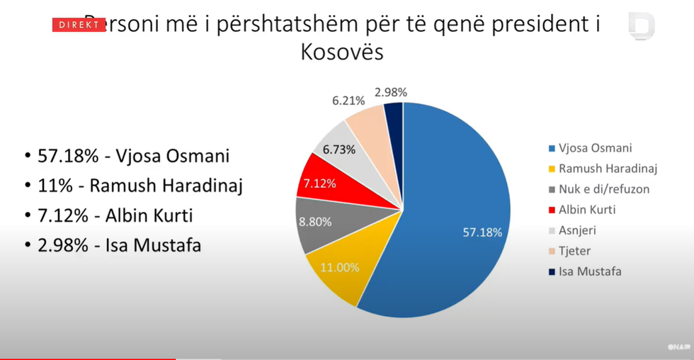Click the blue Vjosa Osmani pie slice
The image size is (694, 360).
pos(453,206)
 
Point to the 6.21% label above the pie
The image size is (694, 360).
pos(348,101)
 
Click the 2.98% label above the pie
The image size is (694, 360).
pos(391,91)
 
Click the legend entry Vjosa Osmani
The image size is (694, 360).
pos(595,148)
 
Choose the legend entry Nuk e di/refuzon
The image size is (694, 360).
pos(603,189)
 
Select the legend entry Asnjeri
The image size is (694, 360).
pos(578,230)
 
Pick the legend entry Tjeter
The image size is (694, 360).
pos(574,251)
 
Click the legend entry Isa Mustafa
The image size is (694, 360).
pos(590,271)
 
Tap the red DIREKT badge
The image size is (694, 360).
pos(79,25)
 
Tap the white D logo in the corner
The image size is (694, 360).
pos(642,26)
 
